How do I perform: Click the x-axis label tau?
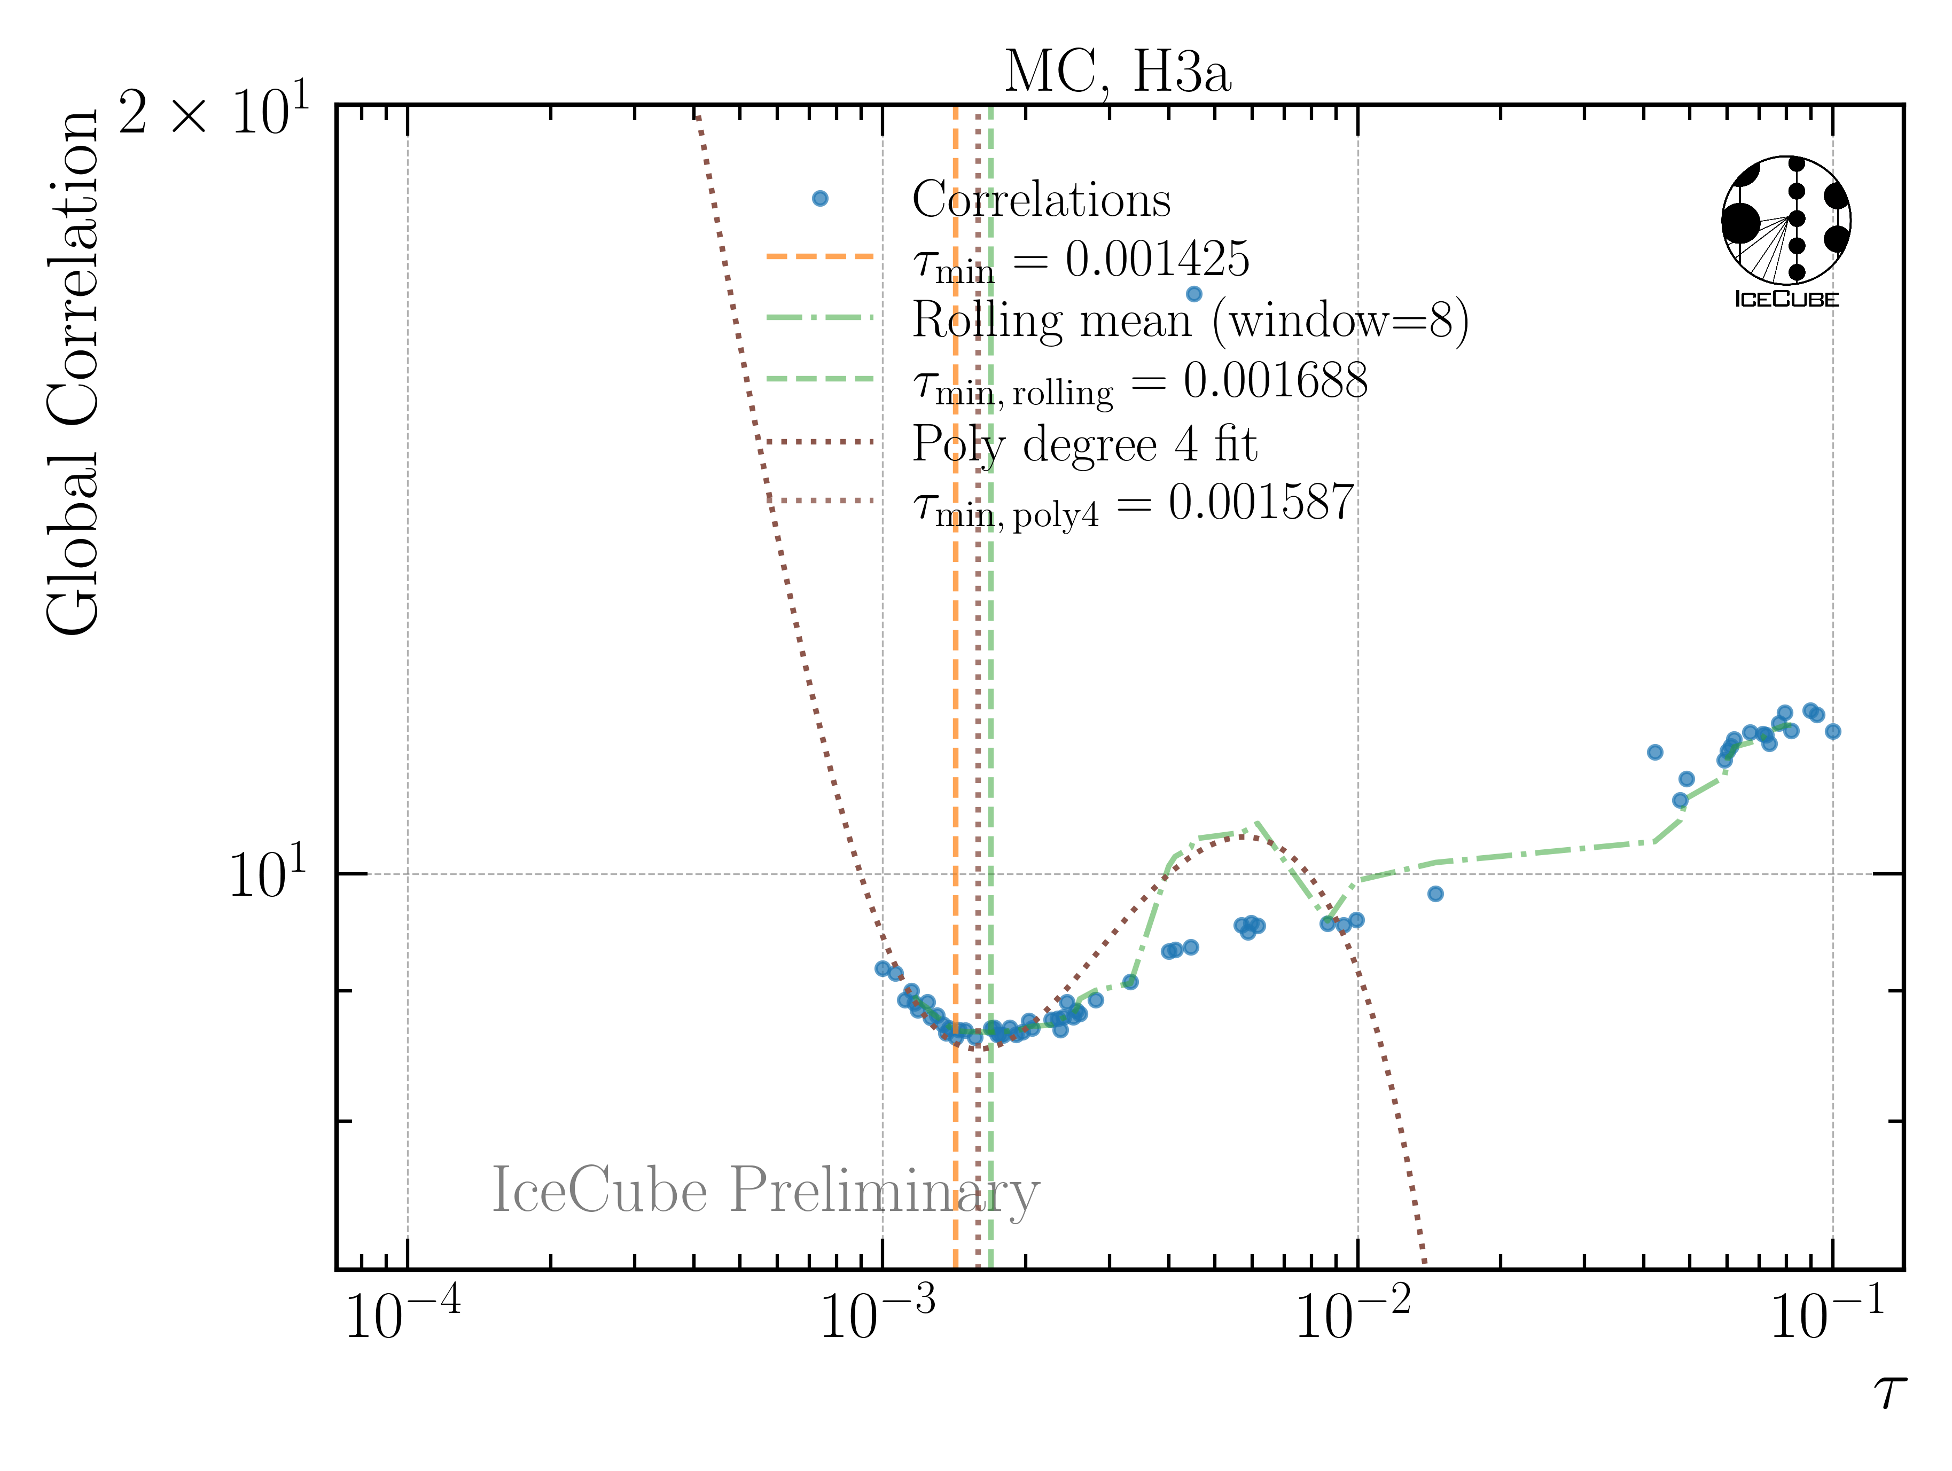coord(1888,1392)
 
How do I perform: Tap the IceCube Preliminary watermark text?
coord(765,1191)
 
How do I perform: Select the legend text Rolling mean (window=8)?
coord(1190,320)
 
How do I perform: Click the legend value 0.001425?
coord(1157,260)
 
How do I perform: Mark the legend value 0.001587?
coord(1261,503)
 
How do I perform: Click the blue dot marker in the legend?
coord(820,199)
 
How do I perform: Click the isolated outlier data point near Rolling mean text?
coord(1194,294)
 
